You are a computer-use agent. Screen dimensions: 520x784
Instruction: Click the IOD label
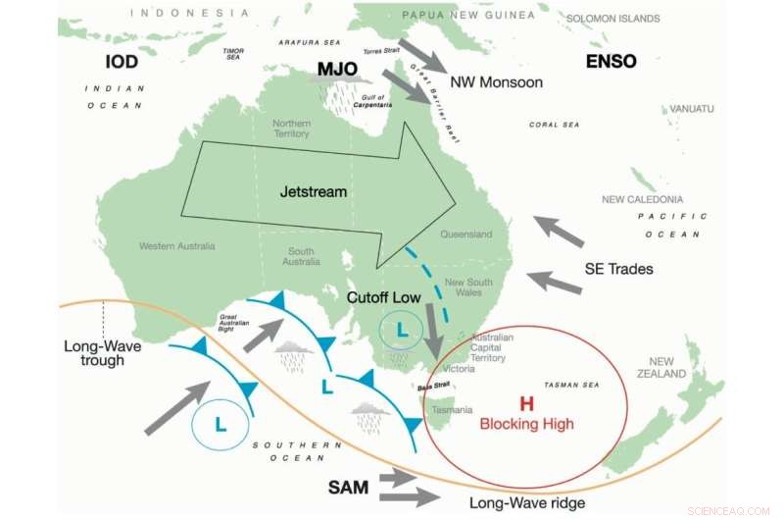pos(122,62)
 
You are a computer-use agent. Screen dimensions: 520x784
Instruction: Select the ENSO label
pos(611,61)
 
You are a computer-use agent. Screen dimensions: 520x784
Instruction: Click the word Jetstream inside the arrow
pos(314,192)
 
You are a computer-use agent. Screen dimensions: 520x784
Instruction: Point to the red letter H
pos(526,403)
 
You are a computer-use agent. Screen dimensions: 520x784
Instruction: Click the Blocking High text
pos(526,424)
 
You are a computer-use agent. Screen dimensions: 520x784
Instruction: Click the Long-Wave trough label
pos(94,353)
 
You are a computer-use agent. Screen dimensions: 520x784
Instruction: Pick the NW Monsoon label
pos(496,82)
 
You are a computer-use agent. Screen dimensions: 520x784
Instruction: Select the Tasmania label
pos(453,409)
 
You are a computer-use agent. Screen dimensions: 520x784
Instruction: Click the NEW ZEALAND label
pos(667,368)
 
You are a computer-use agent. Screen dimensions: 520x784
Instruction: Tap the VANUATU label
pos(692,108)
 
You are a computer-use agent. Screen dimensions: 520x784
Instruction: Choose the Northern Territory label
pos(292,129)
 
